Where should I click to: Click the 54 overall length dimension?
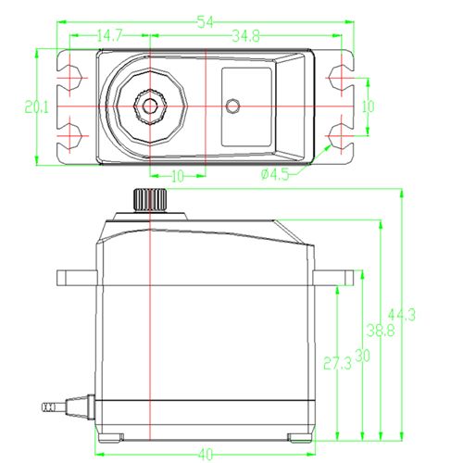coord(206,22)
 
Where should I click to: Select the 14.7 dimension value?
coord(110,36)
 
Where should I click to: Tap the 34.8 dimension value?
coord(246,36)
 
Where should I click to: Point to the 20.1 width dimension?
coord(37,107)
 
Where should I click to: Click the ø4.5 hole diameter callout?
coord(275,175)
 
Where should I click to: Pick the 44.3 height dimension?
coord(402,315)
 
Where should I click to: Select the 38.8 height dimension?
coord(381,331)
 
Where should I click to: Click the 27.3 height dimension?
coord(337,363)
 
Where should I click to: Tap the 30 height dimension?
coord(362,356)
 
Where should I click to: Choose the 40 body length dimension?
coord(206,454)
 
